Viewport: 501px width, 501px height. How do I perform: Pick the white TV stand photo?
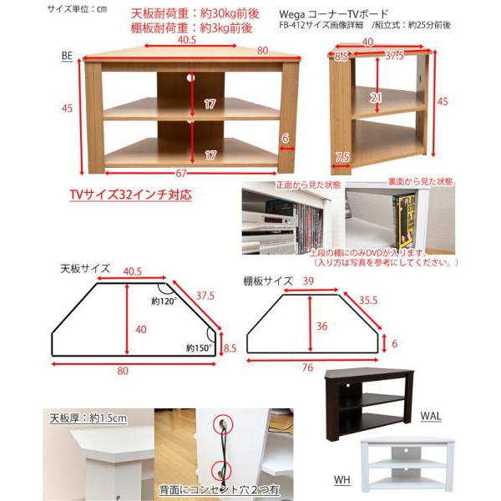pos(407,463)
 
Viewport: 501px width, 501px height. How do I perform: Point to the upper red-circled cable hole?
pos(225,425)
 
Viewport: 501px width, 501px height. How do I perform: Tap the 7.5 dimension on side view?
pos(342,157)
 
